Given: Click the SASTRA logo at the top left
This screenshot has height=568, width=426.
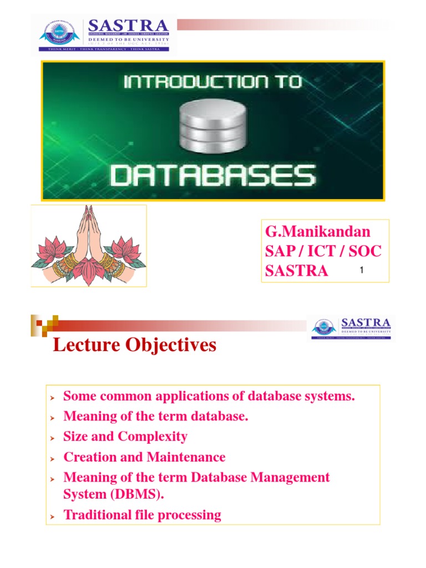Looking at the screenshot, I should point(104,33).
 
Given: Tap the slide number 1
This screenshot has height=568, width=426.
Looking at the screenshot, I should point(361,271).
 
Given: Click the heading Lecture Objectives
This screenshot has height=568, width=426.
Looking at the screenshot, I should point(134,346).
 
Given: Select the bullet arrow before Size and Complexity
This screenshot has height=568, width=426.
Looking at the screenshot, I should point(52,438).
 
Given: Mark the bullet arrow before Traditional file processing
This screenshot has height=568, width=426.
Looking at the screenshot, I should point(52,516).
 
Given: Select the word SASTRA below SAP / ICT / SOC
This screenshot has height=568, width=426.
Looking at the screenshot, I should point(297,271).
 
